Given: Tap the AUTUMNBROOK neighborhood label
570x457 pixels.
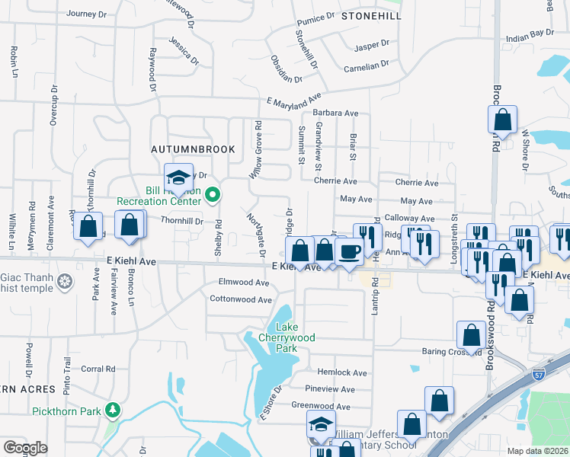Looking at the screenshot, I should (192, 149).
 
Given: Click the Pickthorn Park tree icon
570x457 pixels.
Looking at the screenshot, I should (113, 411).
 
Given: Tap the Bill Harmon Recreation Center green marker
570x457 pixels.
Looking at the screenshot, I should (213, 196).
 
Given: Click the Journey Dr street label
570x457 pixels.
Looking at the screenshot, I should (87, 14).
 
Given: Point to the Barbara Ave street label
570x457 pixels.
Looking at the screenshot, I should (341, 113).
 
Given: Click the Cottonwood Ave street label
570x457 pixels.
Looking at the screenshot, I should (241, 299).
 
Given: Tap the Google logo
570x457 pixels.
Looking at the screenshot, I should (26, 448).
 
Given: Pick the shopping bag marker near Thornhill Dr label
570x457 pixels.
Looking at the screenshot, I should (130, 225).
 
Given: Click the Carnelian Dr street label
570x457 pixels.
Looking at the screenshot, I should (367, 66).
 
